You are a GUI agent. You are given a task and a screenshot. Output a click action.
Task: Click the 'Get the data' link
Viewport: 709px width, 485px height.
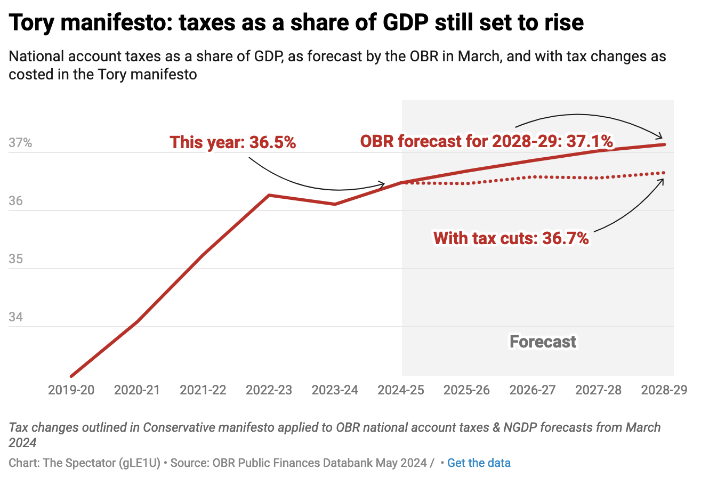pos(479,463)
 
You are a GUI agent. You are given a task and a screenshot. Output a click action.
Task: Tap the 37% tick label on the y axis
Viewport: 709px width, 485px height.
pos(20,143)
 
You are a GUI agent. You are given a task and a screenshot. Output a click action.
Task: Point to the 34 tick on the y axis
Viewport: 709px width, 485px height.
pos(16,317)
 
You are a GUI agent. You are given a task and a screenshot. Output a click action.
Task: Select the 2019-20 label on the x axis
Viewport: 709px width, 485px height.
pos(71,390)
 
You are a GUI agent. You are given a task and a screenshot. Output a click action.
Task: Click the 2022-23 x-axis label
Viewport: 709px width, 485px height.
pos(269,390)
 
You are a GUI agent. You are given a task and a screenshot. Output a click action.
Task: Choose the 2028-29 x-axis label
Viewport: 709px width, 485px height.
pos(664,390)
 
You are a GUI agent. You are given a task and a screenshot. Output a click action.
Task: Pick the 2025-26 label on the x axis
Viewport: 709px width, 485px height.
pos(466,390)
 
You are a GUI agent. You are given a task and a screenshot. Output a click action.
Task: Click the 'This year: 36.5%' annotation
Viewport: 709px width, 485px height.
pos(233,142)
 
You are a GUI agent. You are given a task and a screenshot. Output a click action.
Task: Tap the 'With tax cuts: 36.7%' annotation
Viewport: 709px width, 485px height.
pos(511,238)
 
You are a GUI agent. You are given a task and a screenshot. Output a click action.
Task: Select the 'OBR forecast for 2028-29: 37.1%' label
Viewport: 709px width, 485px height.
pos(486,141)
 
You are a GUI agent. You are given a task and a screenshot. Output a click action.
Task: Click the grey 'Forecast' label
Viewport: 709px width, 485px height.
pos(543,342)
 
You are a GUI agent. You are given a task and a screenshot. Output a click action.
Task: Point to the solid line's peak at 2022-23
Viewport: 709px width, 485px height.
pos(269,195)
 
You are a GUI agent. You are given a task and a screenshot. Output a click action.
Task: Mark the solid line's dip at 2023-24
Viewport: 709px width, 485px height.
pos(335,204)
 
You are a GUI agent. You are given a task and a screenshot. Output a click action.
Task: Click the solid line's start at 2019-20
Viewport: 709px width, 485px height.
pos(71,376)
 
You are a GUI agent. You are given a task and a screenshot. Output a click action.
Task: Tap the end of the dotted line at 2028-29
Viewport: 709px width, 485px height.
pos(664,173)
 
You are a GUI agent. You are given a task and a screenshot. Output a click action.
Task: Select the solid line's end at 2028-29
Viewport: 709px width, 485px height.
pos(664,144)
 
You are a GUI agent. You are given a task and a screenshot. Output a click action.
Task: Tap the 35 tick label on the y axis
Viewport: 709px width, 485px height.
pos(16,259)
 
